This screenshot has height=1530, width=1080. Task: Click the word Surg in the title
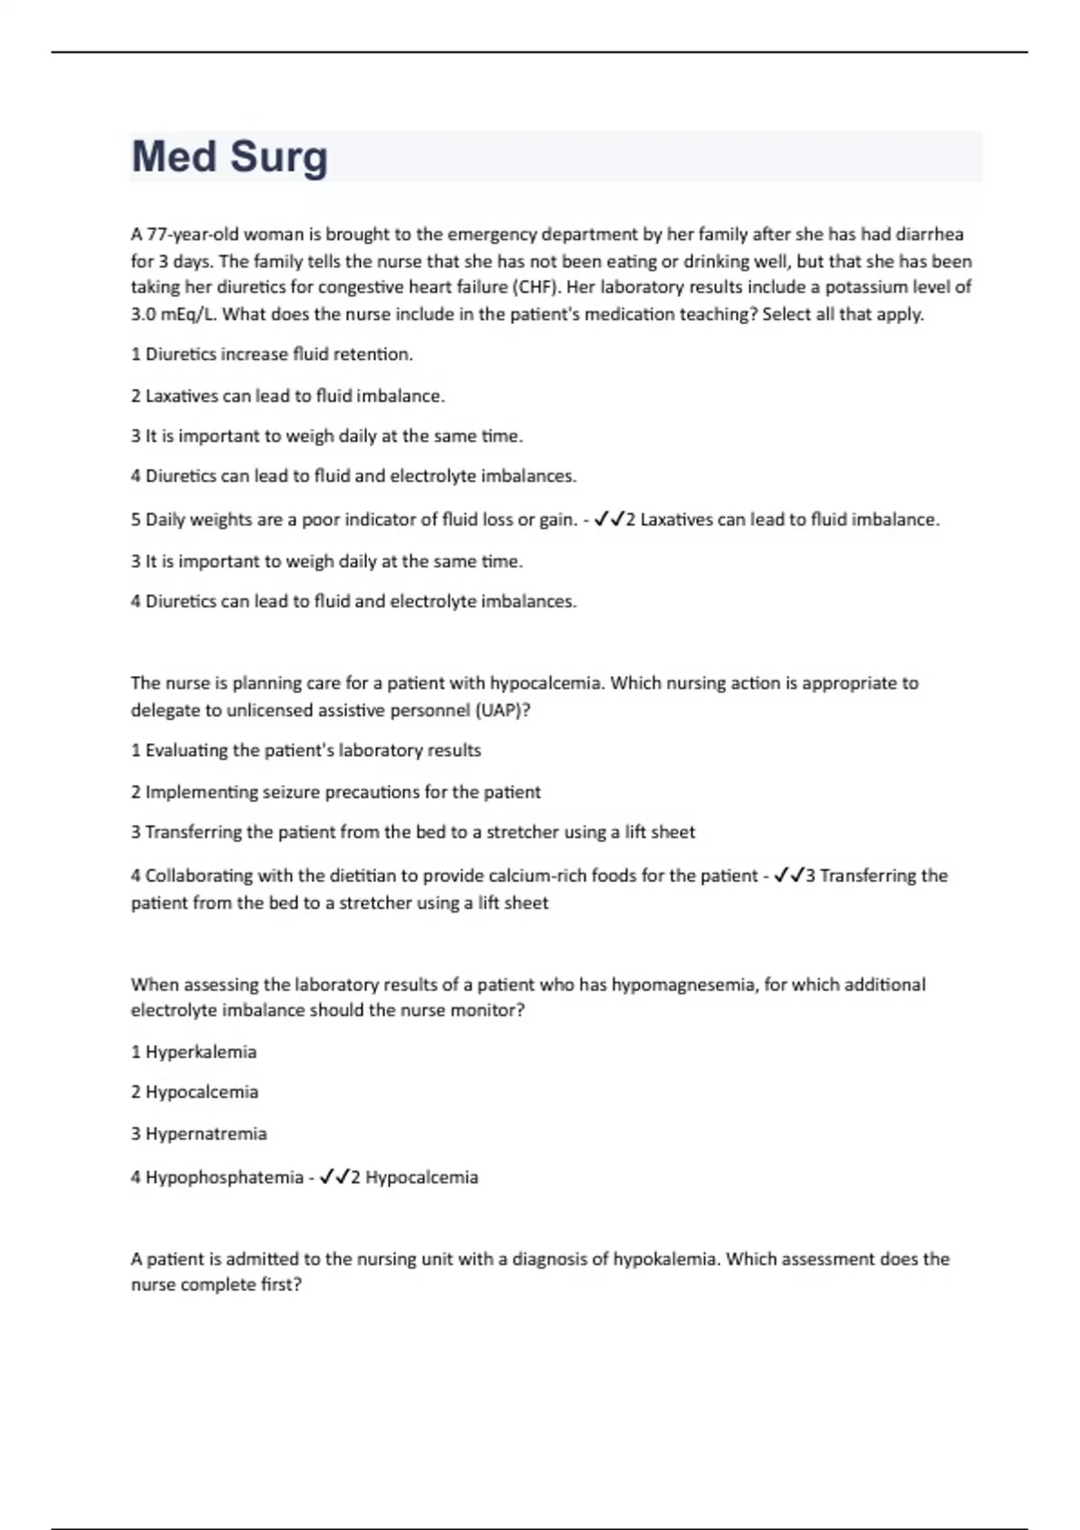[279, 157]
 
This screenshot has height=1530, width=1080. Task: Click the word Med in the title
[175, 157]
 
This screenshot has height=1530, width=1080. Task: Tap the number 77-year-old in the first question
[193, 235]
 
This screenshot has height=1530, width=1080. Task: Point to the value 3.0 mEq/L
[169, 314]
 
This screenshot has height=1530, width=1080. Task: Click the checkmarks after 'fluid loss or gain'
[609, 519]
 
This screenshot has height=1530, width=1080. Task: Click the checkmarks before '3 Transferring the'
[788, 876]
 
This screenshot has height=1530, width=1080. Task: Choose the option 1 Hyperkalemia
[193, 1052]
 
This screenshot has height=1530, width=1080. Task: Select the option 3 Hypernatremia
[199, 1133]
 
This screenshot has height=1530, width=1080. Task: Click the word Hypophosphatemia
[224, 1177]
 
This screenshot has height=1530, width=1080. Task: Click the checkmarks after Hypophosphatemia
[334, 1177]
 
